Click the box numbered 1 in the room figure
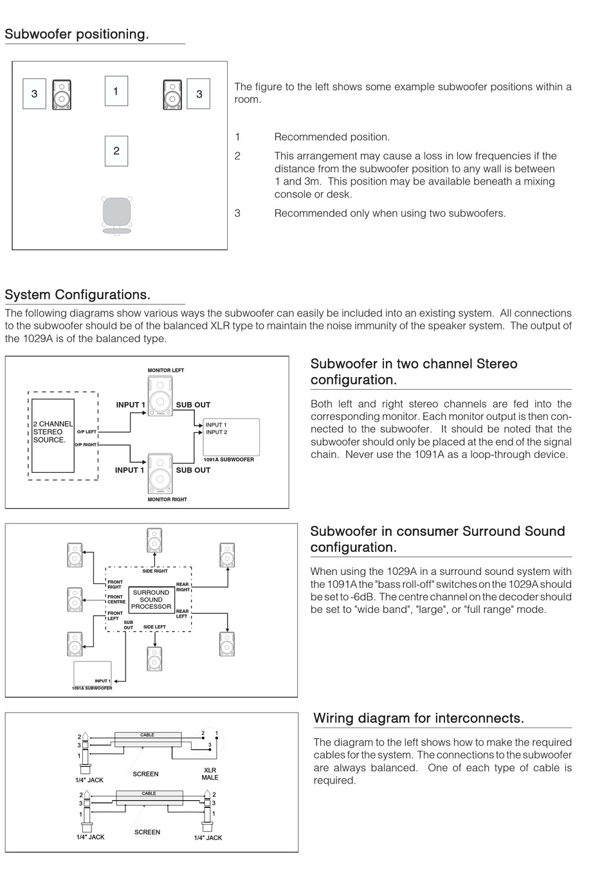tap(116, 91)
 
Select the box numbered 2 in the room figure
tap(116, 151)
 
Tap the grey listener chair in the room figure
tap(117, 212)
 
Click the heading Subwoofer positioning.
tap(77, 34)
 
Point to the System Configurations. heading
tap(77, 295)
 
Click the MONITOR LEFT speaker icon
tap(160, 397)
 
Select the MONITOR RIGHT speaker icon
tap(160, 473)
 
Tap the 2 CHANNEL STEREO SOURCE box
tap(53, 435)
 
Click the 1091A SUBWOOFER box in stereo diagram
tap(232, 438)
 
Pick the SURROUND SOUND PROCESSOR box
tap(151, 599)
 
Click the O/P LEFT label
tap(86, 432)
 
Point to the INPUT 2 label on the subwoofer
tap(216, 432)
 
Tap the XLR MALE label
tap(210, 773)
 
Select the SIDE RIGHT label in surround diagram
tap(155, 571)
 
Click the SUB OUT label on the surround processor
tap(129, 625)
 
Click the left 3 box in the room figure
tap(34, 93)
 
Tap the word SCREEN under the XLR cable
tap(145, 774)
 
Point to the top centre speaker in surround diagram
tap(154, 540)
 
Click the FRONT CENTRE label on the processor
tap(116, 599)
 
